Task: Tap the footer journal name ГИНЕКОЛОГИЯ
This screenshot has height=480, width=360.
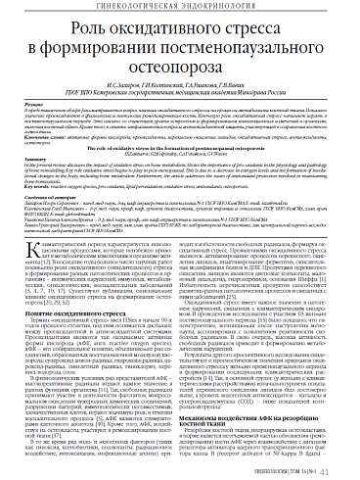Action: point(284,467)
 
